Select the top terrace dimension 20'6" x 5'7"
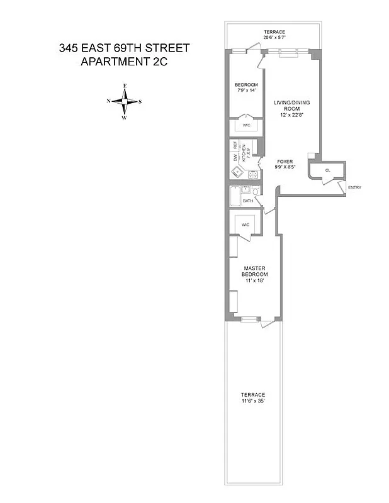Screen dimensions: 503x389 pos(274,38)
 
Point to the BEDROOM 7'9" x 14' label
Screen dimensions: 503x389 pos(246,87)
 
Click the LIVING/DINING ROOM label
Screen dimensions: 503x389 pos(291,108)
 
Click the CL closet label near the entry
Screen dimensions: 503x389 pos(328,170)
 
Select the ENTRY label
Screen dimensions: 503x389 pos(354,187)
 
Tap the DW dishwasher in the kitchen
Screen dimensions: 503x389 pos(235,157)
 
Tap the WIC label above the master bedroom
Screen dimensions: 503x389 pos(245,224)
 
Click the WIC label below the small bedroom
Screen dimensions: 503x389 pos(247,125)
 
